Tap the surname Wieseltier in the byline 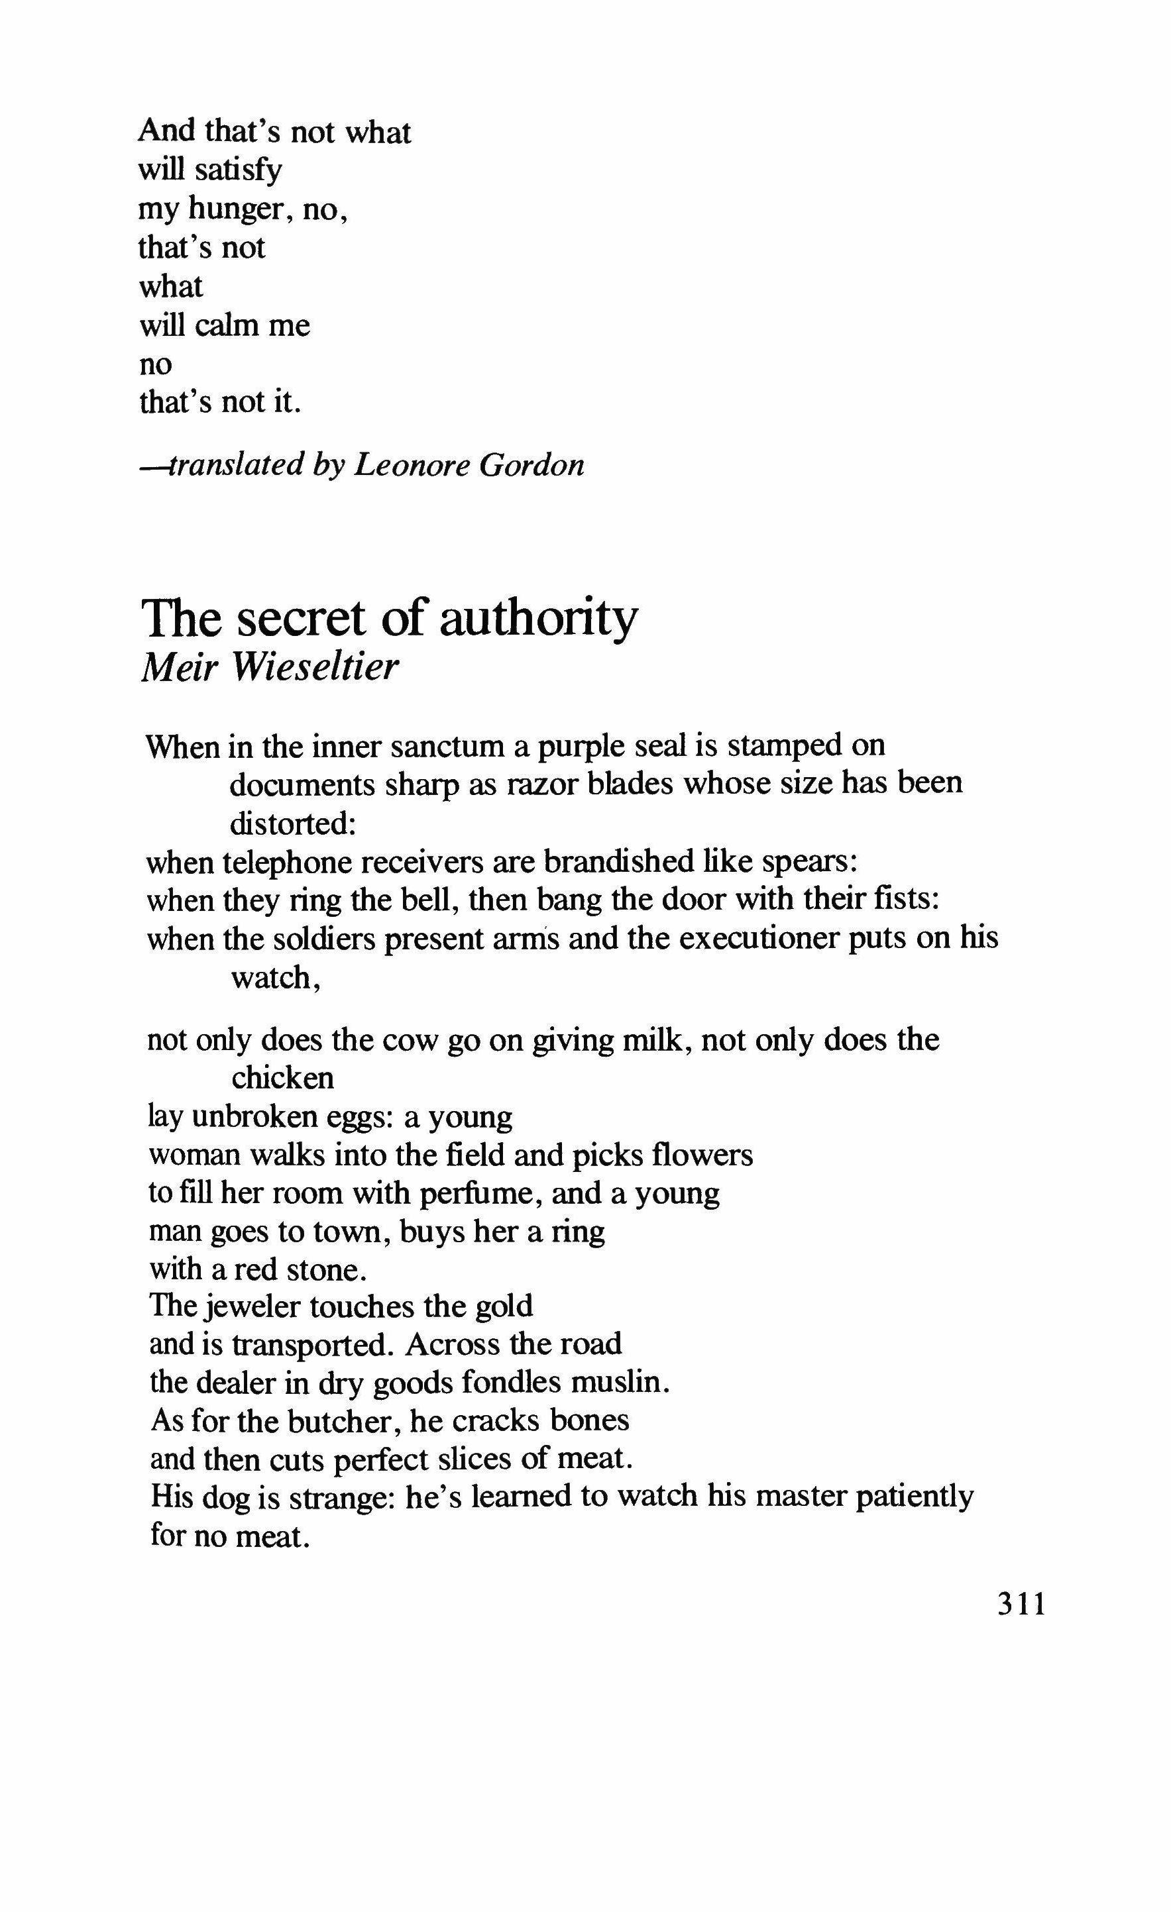pyautogui.click(x=314, y=667)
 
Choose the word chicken pyautogui.click(x=283, y=1077)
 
